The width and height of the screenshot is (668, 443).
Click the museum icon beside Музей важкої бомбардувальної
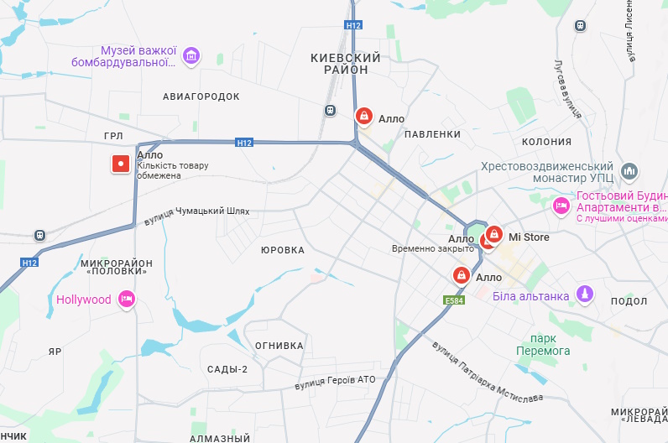click(191, 55)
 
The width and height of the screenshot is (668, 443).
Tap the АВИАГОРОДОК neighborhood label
click(201, 96)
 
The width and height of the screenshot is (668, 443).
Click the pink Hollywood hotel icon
click(127, 300)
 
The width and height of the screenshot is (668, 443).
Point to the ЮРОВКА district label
click(282, 250)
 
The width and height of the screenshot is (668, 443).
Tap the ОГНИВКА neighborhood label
click(279, 346)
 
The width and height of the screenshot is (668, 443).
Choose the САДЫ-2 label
click(227, 369)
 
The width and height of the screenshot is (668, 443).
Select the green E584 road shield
click(454, 300)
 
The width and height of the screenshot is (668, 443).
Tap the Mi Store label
click(529, 237)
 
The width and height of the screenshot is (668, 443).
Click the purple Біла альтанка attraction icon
click(586, 295)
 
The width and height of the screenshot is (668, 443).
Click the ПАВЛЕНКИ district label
click(432, 134)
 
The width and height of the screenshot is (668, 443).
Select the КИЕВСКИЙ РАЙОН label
click(345, 64)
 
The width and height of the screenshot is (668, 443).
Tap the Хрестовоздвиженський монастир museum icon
click(631, 172)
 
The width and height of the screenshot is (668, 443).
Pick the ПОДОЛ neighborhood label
click(629, 301)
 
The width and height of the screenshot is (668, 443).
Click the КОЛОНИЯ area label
click(546, 142)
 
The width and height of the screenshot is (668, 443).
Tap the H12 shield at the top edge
click(352, 26)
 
